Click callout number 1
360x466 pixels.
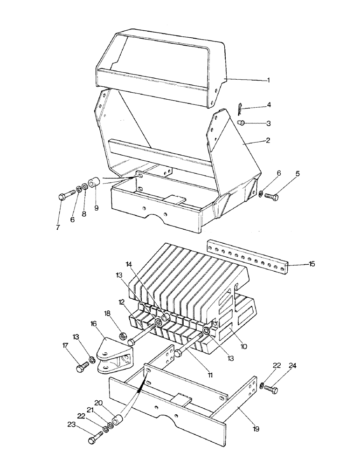click(x=268, y=80)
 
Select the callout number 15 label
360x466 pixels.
click(x=312, y=264)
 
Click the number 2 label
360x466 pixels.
click(x=268, y=140)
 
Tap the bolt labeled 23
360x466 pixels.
click(x=95, y=439)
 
